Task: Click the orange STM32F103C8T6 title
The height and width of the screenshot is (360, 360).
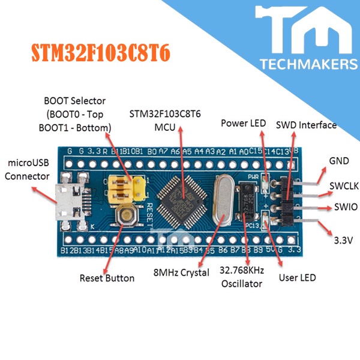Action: point(100,52)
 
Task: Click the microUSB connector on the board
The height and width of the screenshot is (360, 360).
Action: point(67,201)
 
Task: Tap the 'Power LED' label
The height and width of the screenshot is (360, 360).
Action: point(243,124)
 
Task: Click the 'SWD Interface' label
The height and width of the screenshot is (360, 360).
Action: point(306,125)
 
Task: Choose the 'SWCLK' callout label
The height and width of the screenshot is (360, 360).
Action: point(344,187)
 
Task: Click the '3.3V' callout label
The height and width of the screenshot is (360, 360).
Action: point(342,240)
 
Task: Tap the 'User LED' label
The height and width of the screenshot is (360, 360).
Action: point(298,278)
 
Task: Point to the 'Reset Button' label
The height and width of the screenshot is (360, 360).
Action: point(107,278)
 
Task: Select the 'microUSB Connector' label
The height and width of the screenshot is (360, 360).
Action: point(28,169)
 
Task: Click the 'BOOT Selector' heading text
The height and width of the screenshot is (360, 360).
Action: point(75,100)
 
